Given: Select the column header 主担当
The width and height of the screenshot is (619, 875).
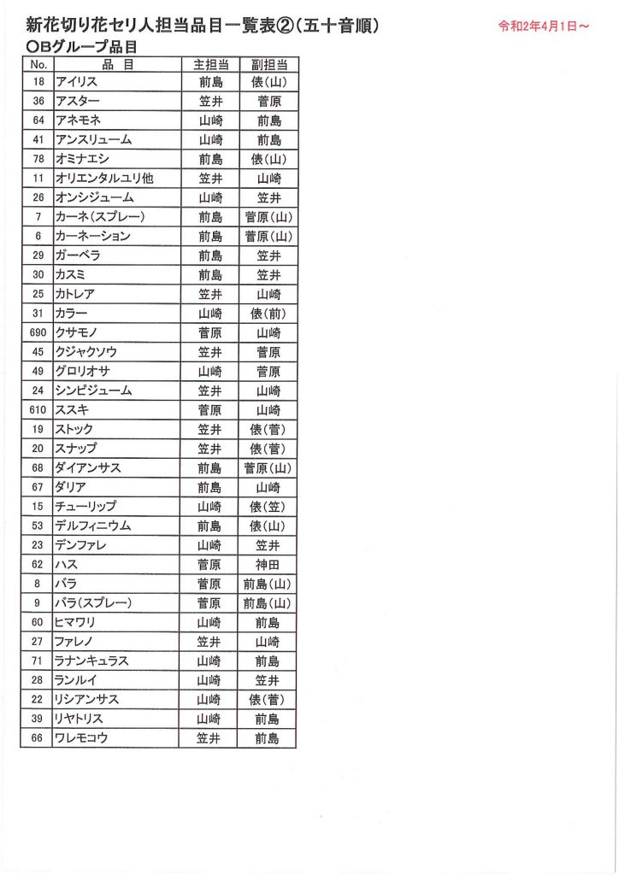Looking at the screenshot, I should coord(210,64).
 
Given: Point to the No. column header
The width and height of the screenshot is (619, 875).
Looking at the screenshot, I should coord(38,64).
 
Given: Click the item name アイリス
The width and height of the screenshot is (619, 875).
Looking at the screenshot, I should coord(76,82).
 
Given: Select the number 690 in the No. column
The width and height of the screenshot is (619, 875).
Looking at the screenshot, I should coord(38,332).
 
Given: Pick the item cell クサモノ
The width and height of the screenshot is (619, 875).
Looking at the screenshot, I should coord(80,332).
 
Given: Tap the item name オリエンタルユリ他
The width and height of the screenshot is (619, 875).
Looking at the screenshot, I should coord(104,179).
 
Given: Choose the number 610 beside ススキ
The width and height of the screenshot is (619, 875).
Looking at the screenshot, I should coord(38,410).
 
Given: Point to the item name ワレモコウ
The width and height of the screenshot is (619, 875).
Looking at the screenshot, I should coord(81,738).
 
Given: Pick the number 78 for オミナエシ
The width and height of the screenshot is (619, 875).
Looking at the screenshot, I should coord(38,159).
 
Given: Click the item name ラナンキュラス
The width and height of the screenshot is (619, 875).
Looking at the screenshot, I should coord(93,661).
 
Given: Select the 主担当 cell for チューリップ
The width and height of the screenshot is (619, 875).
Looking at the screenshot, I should coord(210,506).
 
